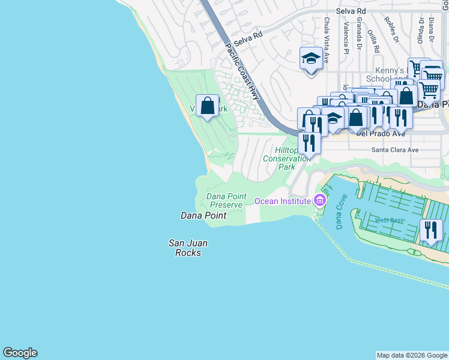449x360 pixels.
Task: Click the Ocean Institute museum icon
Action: click(x=319, y=200)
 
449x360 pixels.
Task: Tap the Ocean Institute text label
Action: click(x=283, y=201)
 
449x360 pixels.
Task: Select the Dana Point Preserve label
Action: click(x=224, y=200)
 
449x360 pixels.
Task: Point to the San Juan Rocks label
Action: click(x=184, y=248)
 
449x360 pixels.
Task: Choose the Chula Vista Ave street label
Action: click(x=327, y=40)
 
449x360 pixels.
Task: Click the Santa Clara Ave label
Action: click(x=394, y=149)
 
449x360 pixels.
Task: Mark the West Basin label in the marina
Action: click(x=390, y=220)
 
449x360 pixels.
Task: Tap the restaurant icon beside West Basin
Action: click(x=431, y=230)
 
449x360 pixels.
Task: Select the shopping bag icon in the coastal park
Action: click(x=208, y=106)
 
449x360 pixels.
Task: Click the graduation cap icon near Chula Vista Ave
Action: click(x=311, y=59)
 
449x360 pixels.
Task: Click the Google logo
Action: click(x=20, y=353)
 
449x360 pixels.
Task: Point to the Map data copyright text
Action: click(x=412, y=355)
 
